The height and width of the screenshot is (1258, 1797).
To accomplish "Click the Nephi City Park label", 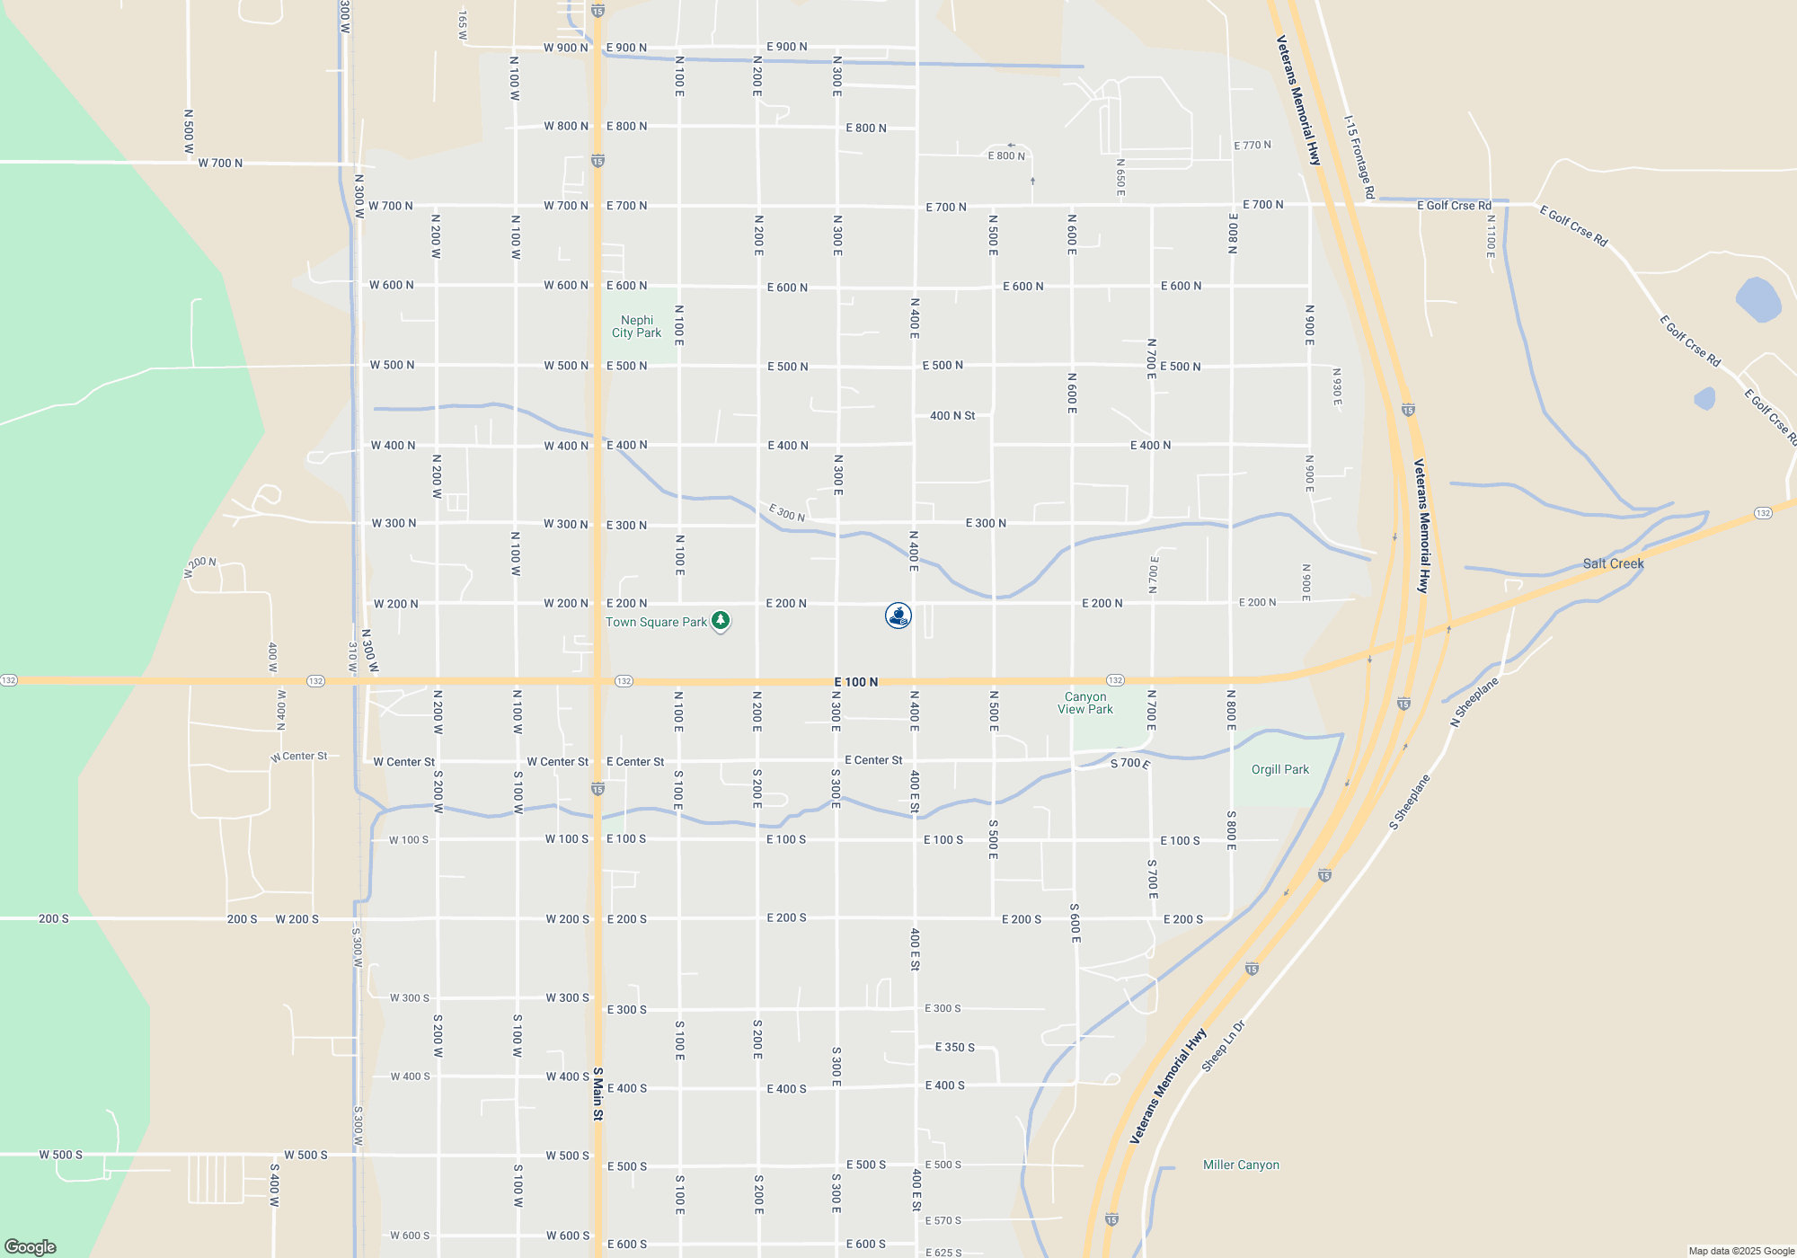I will click(636, 326).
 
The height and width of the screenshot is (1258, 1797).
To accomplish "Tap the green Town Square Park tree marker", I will click(721, 621).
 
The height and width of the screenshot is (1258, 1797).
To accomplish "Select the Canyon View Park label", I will click(1085, 703).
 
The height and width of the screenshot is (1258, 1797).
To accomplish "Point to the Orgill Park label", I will click(1279, 770).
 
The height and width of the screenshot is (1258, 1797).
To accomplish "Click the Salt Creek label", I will click(1613, 564).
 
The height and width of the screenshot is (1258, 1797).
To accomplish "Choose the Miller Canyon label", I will click(1241, 1165).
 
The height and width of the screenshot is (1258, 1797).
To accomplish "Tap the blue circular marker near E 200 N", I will click(898, 616).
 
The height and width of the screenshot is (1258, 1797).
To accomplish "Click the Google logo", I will click(31, 1246).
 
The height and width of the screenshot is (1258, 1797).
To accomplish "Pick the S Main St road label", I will click(598, 1094).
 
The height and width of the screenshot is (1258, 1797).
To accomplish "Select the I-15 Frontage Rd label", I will click(1359, 156).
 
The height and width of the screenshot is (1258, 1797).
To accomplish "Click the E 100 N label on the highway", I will click(855, 683).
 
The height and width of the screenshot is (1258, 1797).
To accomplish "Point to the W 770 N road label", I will click(220, 164).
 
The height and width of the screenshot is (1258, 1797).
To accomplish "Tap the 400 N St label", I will click(952, 416).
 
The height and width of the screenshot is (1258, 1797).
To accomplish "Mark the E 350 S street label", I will click(954, 1048).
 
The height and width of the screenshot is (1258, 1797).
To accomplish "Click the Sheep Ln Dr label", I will click(1224, 1046).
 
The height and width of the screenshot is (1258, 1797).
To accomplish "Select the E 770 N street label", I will click(1252, 146).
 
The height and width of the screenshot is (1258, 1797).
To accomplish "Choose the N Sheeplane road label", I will click(1474, 703).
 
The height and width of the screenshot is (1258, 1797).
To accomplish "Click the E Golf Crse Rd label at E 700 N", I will click(1454, 206).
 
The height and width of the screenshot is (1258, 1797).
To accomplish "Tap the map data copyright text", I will click(1740, 1251).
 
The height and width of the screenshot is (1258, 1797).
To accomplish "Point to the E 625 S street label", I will click(943, 1253).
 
